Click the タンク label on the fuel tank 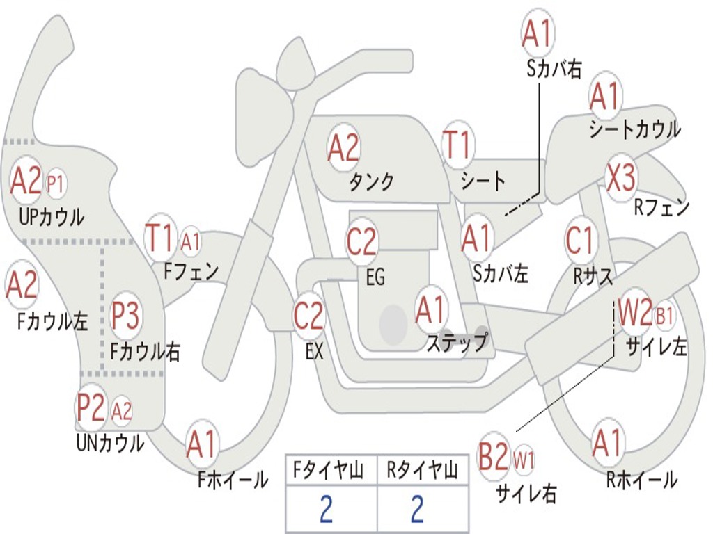pyautogui.click(x=371, y=182)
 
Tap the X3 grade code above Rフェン pyautogui.click(x=620, y=177)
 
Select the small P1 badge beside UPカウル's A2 pyautogui.click(x=56, y=184)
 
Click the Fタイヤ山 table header pyautogui.click(x=331, y=472)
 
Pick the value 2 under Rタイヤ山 pyautogui.click(x=417, y=510)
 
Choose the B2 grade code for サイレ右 pyautogui.click(x=494, y=458)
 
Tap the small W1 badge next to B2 pyautogui.click(x=524, y=459)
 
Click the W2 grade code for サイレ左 pyautogui.click(x=635, y=314)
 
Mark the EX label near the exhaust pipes pyautogui.click(x=314, y=352)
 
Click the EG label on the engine pyautogui.click(x=375, y=277)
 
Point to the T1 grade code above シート pyautogui.click(x=457, y=146)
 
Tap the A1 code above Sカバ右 pyautogui.click(x=537, y=35)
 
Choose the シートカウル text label pyautogui.click(x=634, y=130)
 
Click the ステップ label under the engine pyautogui.click(x=457, y=343)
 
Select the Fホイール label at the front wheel pyautogui.click(x=233, y=479)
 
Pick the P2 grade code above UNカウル pyautogui.click(x=91, y=409)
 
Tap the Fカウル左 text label pyautogui.click(x=53, y=321)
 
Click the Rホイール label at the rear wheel pyautogui.click(x=641, y=479)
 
